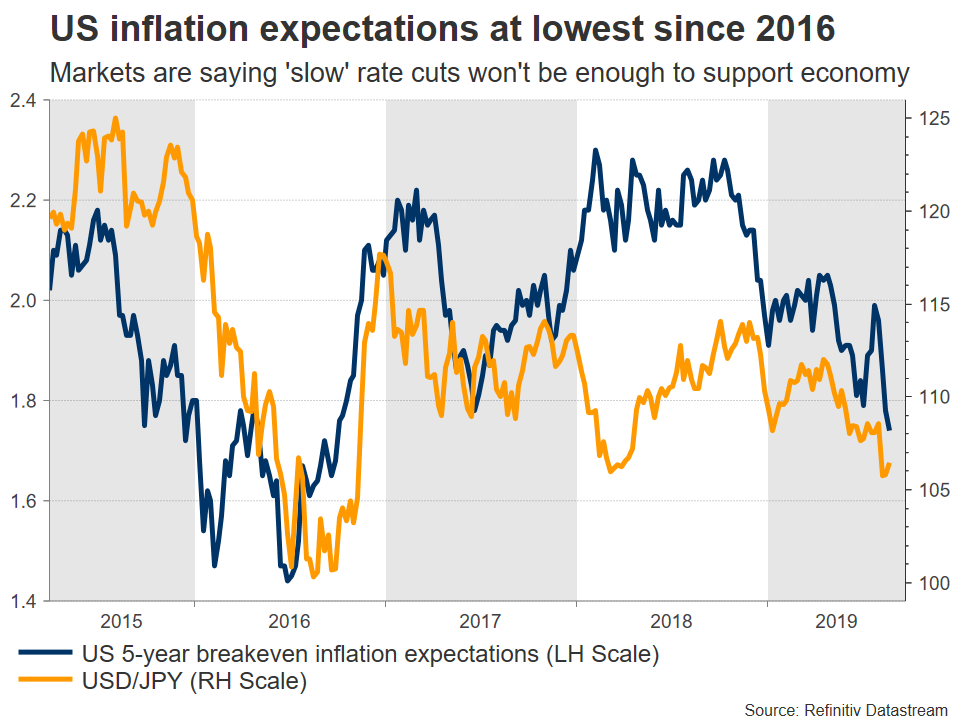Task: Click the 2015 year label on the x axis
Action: point(121,619)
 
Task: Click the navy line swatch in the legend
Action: point(45,656)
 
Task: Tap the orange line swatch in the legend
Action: point(45,683)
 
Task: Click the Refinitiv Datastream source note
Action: point(846,708)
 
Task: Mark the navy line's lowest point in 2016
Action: point(287,581)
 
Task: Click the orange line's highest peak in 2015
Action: point(115,118)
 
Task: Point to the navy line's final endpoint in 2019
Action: point(890,429)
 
